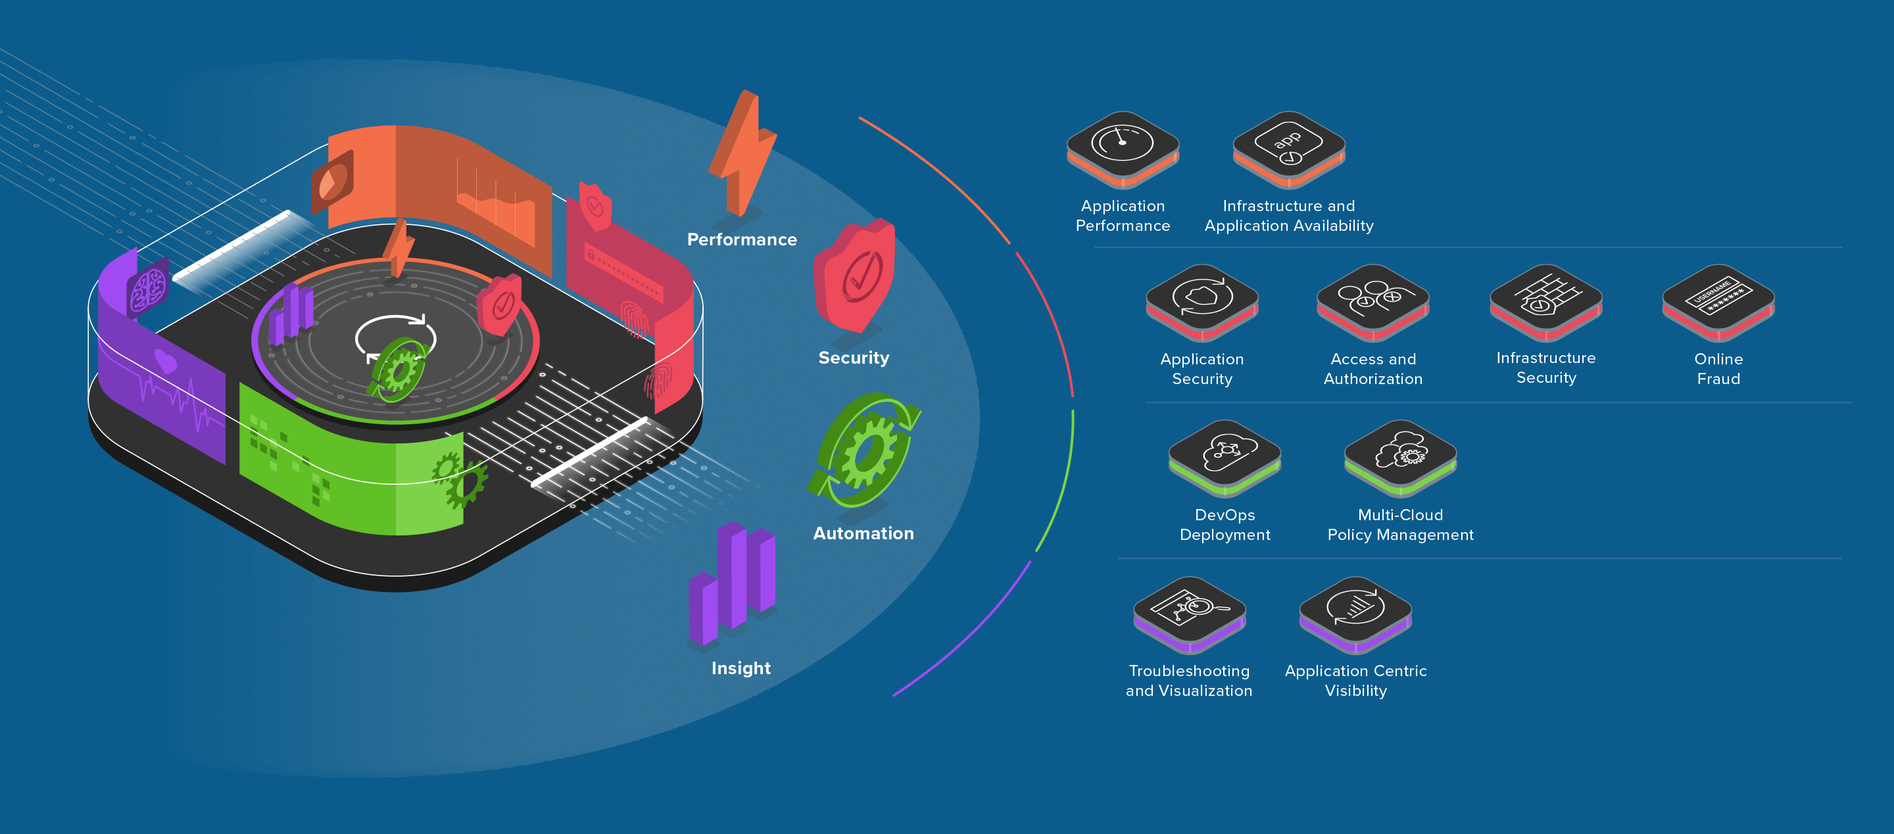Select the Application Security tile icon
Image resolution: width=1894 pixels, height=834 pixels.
[1202, 299]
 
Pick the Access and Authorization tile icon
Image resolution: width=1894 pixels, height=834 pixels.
[1372, 299]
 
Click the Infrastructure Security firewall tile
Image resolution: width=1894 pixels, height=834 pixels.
[1545, 299]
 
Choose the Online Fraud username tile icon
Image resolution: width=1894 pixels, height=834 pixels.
[1718, 299]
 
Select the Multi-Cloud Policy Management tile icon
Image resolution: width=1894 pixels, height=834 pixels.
[1400, 454]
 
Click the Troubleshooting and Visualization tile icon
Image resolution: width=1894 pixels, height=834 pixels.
[1190, 611]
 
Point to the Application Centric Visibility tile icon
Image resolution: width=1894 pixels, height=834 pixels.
[1355, 611]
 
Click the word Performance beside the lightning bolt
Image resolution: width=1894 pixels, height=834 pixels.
[742, 240]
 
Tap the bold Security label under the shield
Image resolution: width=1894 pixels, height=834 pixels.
[854, 358]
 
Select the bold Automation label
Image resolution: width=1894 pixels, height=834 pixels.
[863, 533]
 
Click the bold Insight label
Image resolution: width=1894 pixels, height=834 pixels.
[741, 668]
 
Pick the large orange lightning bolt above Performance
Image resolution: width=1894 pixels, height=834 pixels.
[742, 155]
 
